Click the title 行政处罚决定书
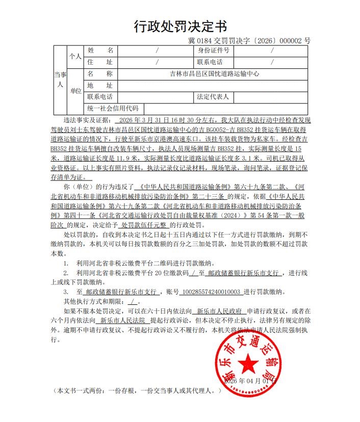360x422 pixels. (x=180, y=26)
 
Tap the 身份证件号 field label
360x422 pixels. (x=214, y=50)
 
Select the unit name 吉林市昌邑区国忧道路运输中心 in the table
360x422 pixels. (x=214, y=73)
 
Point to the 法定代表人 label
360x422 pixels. (x=213, y=96)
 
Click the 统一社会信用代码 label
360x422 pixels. (x=113, y=108)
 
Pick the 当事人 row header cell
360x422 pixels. (x=60, y=80)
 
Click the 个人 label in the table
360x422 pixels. (x=75, y=57)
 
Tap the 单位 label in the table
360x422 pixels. (x=75, y=91)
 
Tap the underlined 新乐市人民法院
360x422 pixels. (x=123, y=320)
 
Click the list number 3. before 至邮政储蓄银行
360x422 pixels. (x=66, y=292)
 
